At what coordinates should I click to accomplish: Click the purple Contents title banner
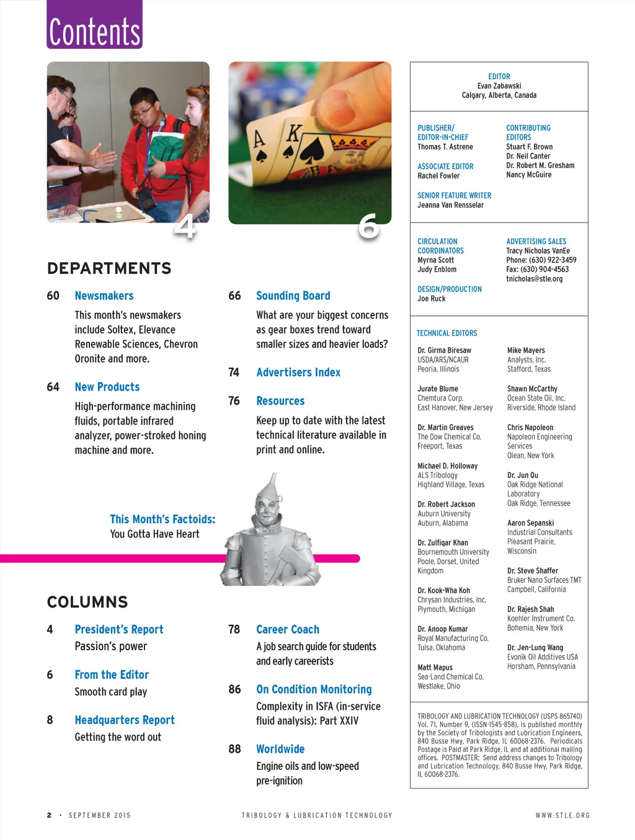click(x=95, y=26)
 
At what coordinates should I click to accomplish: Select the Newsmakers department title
click(x=104, y=296)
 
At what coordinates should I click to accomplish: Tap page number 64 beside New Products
click(x=53, y=387)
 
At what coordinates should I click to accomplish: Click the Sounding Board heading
click(x=293, y=296)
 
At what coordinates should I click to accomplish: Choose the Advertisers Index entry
click(x=298, y=373)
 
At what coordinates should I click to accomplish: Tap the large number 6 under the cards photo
click(x=368, y=226)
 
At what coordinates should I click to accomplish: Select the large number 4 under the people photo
click(x=185, y=227)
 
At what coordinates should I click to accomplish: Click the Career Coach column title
click(x=288, y=629)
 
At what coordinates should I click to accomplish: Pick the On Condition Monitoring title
click(x=314, y=689)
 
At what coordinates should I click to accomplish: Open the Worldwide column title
click(x=280, y=749)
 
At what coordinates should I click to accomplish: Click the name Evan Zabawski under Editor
click(x=499, y=86)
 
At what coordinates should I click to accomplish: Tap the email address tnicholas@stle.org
click(x=535, y=279)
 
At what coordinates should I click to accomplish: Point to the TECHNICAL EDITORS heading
click(x=447, y=333)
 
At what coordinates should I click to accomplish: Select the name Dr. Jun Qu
click(x=523, y=475)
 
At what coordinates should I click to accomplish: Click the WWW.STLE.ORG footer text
click(x=562, y=815)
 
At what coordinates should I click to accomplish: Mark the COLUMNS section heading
click(x=87, y=602)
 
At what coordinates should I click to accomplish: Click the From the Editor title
click(x=112, y=674)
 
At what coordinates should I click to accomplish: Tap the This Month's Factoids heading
click(x=162, y=519)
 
